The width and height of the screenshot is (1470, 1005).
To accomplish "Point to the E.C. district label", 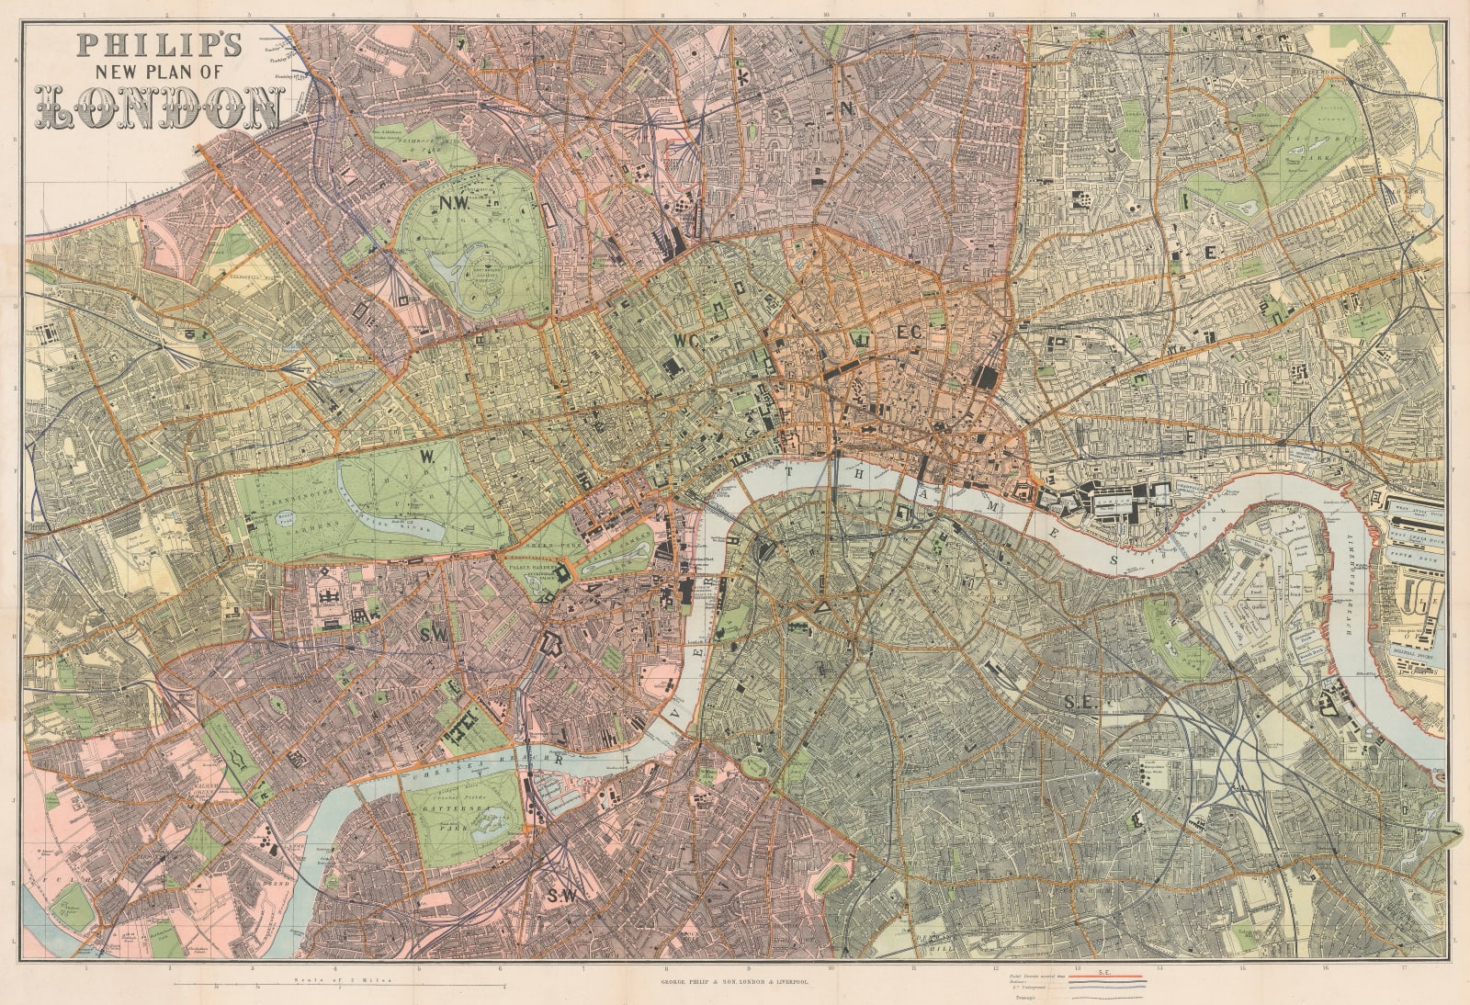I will click(x=909, y=330).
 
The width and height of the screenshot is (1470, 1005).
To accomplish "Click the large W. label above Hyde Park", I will click(x=427, y=456).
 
